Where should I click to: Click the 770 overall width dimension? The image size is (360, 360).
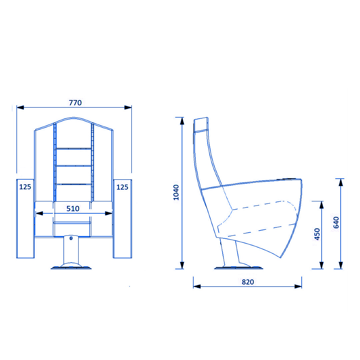point(75,103)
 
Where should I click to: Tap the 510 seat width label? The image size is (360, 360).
point(73,208)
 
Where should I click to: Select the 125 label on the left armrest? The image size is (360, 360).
point(25,187)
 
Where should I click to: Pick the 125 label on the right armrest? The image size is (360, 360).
point(122,187)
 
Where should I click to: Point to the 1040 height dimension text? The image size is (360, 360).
point(176,192)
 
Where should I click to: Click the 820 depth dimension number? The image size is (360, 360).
point(248,282)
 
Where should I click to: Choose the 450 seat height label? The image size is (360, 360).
point(317,234)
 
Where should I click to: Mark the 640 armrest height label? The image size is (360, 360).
point(336,222)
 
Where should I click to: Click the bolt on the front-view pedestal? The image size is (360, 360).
point(71,238)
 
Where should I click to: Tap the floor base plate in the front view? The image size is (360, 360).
point(71,267)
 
